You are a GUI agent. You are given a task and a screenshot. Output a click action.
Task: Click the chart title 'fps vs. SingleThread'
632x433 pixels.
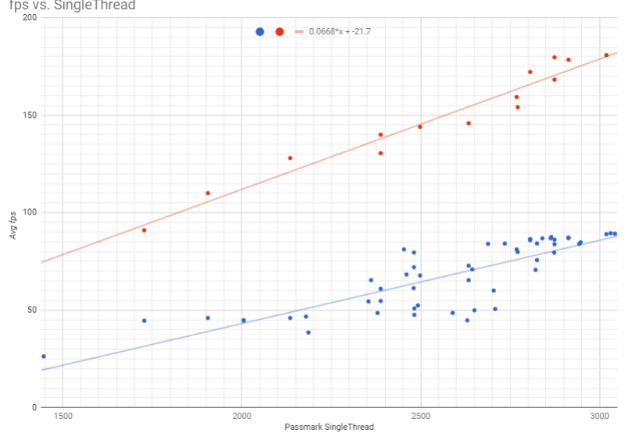[x=68, y=6]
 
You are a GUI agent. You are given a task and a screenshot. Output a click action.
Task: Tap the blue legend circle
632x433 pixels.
[x=259, y=31]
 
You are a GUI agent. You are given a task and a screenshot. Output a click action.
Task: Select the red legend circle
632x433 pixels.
[x=279, y=31]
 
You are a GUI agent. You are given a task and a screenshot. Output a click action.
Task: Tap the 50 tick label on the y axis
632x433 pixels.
[x=31, y=310]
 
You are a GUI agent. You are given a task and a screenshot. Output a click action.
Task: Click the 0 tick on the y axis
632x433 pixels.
[x=34, y=407]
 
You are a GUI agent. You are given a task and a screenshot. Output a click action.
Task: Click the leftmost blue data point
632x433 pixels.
[x=44, y=356]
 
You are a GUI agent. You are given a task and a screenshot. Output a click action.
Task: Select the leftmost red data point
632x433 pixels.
[x=145, y=230]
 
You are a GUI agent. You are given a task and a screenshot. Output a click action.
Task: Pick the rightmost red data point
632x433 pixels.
[x=606, y=55]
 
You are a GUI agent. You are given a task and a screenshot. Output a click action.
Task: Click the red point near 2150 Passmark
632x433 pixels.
[x=290, y=158]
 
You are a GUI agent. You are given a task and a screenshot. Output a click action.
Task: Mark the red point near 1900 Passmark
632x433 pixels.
[x=208, y=193]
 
